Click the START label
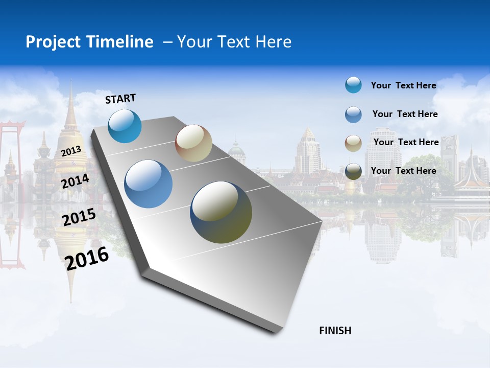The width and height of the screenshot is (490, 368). (x=120, y=99)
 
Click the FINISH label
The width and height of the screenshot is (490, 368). (x=335, y=331)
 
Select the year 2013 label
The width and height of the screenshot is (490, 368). (x=71, y=151)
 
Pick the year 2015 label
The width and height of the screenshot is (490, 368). (x=79, y=217)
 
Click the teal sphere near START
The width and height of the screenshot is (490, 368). (x=125, y=126)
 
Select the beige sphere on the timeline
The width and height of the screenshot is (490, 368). (x=193, y=143)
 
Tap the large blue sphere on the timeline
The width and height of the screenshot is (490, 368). (x=148, y=184)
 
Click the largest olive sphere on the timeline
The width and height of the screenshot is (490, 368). (x=221, y=212)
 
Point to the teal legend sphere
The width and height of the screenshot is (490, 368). (x=353, y=85)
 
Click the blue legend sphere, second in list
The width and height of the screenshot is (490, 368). (x=353, y=114)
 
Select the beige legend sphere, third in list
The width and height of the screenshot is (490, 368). (x=353, y=143)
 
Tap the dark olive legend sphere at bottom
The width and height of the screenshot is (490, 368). (x=353, y=171)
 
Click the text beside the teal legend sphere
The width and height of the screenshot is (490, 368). (x=403, y=85)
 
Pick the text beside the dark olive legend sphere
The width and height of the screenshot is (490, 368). (x=403, y=171)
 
